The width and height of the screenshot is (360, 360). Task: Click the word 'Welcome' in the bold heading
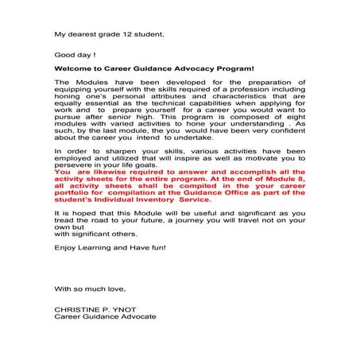pyautogui.click(x=75, y=70)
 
